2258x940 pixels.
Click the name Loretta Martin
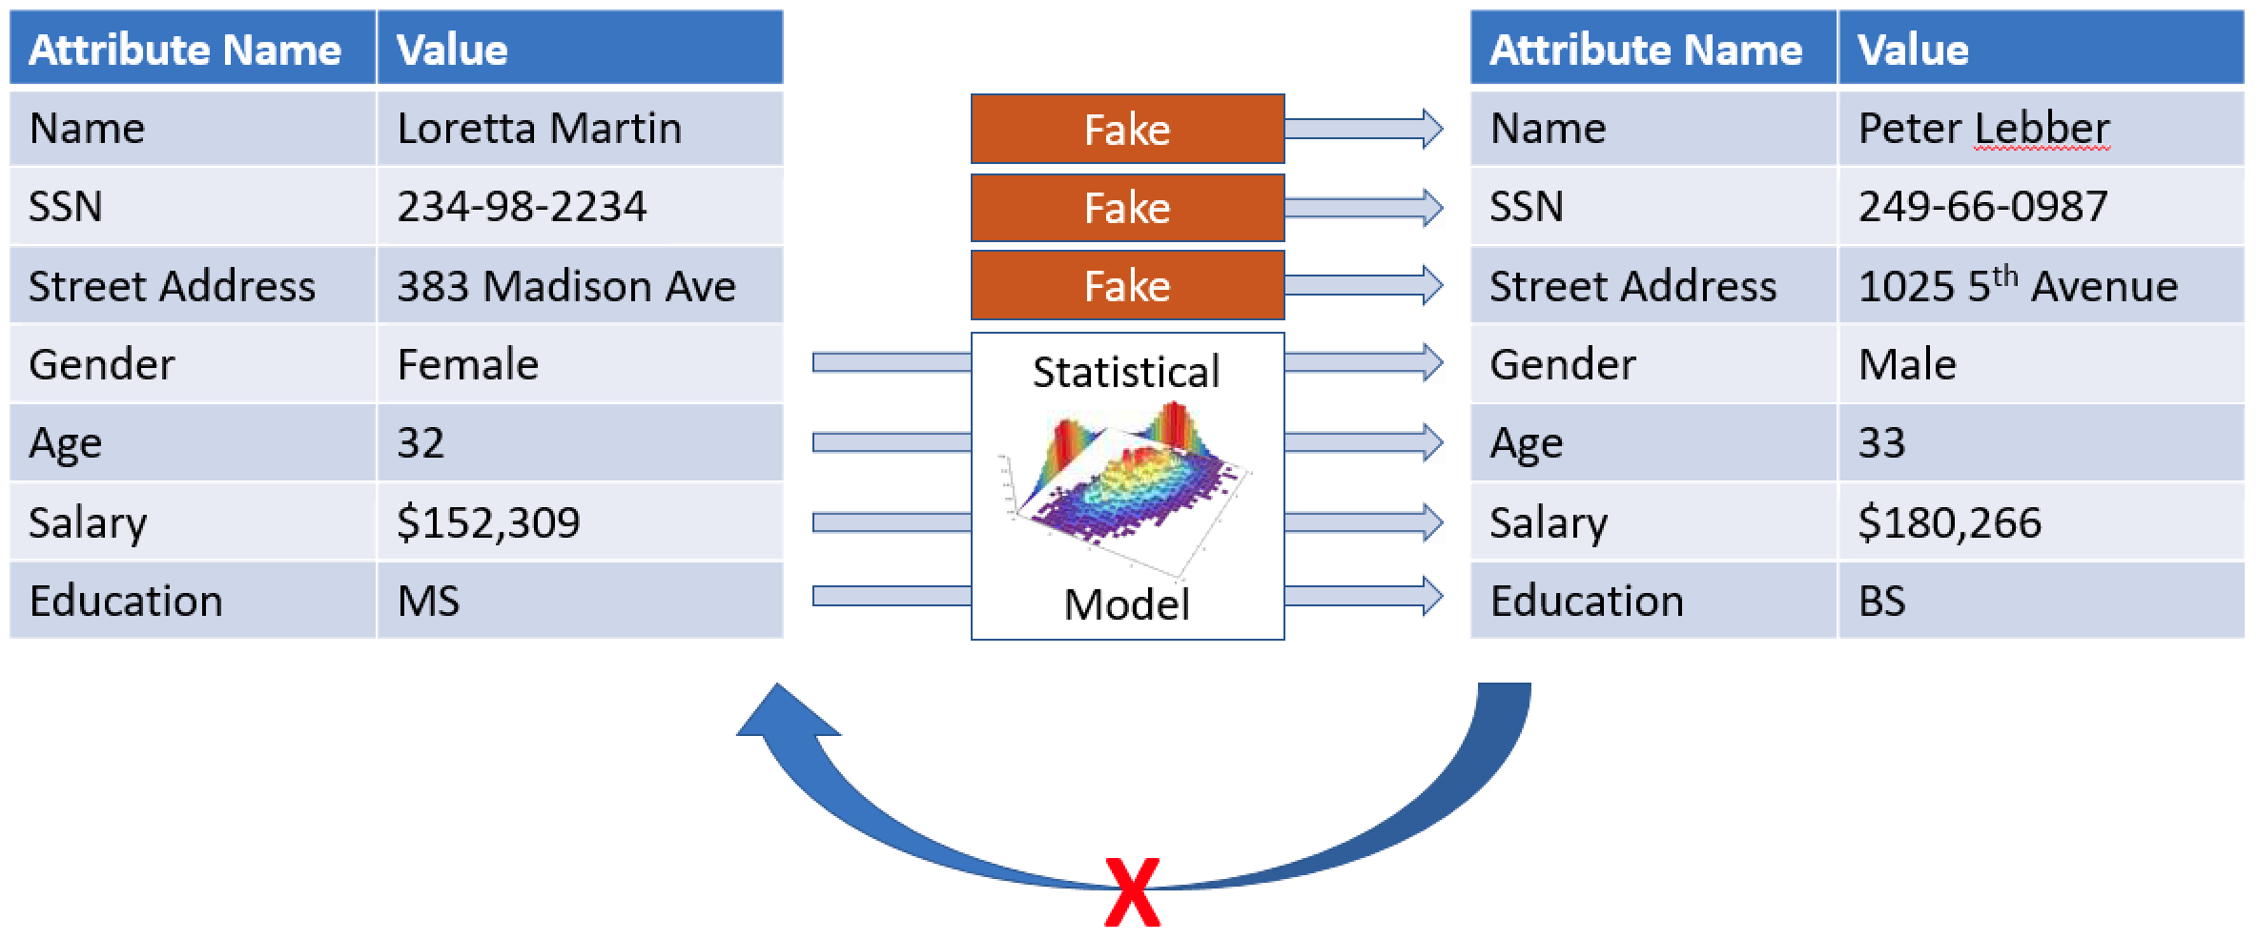click(539, 129)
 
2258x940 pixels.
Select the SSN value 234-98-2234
click(522, 207)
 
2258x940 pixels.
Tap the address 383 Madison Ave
click(566, 286)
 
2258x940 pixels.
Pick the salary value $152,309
click(488, 522)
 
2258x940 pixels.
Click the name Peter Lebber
click(1983, 129)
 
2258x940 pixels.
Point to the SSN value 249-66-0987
click(1982, 207)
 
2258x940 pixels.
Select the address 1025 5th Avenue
click(2018, 285)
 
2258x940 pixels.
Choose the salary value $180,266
click(1949, 522)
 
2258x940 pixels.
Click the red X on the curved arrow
click(1132, 892)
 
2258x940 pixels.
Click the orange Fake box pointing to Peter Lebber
click(1127, 129)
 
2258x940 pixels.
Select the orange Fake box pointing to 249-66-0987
click(1127, 207)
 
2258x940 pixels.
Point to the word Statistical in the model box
click(1126, 372)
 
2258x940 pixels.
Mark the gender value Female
click(467, 364)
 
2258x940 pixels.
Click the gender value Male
click(1907, 364)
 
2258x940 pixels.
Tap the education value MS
click(428, 601)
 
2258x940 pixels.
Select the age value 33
click(1881, 443)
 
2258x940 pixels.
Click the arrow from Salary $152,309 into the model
click(892, 522)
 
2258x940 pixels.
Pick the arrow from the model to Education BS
click(1364, 596)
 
